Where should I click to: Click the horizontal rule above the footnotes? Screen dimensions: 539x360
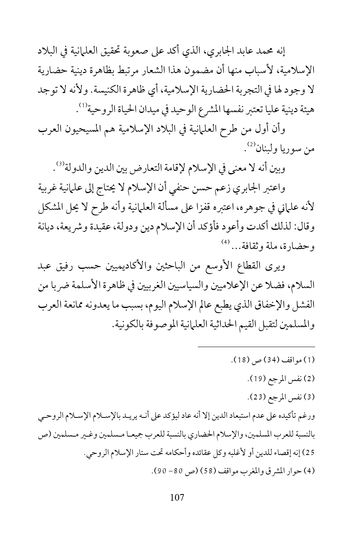(256, 346)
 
